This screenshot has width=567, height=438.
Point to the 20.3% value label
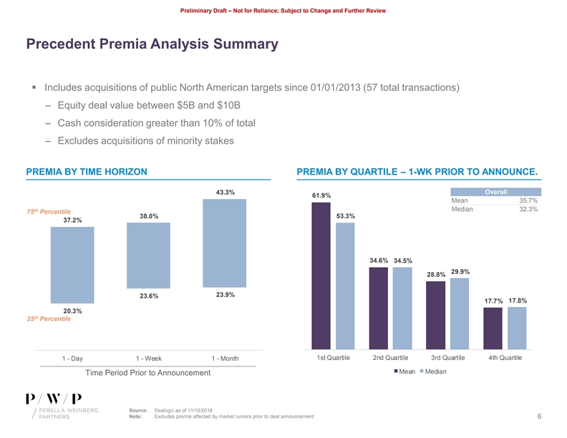pos(72,311)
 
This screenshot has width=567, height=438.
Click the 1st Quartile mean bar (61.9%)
pos(321,275)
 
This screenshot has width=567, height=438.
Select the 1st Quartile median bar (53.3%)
pos(345,285)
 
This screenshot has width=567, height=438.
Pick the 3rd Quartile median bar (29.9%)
pos(460,313)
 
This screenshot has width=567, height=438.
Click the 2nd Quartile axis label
pos(390,358)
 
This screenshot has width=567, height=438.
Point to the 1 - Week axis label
pos(148,359)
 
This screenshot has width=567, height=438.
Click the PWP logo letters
pos(54,399)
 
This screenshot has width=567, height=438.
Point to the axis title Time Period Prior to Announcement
pos(148,373)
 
